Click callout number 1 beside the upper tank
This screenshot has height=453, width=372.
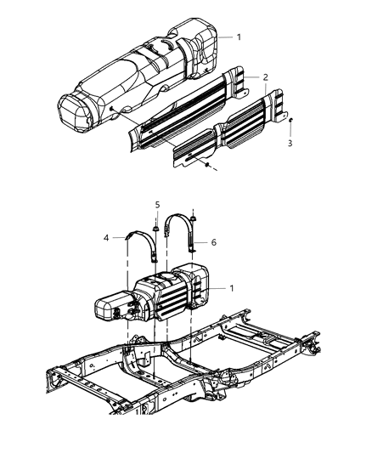coord(239,37)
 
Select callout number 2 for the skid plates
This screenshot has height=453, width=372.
coord(266,77)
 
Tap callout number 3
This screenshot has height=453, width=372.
coord(291,144)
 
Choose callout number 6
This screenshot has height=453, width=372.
coord(213,242)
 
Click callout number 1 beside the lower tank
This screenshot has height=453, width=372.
coord(232,289)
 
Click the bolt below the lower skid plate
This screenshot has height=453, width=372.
coord(206,164)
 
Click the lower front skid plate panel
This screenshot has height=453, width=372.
coord(225,136)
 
